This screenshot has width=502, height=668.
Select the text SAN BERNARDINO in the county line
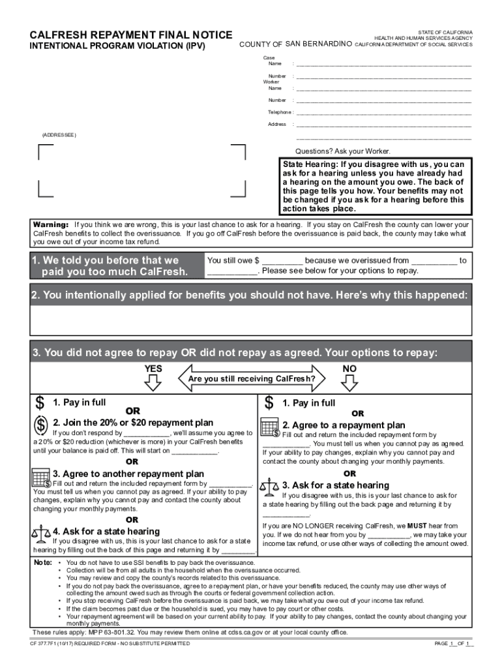click(318, 44)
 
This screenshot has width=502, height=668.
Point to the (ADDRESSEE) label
click(59, 135)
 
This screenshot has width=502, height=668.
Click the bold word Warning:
click(50, 224)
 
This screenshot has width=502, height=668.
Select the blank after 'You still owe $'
click(282, 260)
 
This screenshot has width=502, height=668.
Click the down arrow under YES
click(153, 383)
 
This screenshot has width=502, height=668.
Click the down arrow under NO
click(349, 383)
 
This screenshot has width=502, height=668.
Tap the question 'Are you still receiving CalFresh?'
click(251, 379)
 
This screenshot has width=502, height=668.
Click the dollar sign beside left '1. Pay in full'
click(40, 404)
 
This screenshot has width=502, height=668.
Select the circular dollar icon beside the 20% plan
click(41, 423)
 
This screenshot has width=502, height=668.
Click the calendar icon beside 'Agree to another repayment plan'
click(40, 476)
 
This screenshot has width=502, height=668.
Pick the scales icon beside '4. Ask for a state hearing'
click(41, 533)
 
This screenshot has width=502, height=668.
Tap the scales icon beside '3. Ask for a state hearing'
click(269, 487)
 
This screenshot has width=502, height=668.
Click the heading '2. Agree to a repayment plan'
click(344, 425)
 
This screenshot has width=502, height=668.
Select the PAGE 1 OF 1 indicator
click(454, 643)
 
